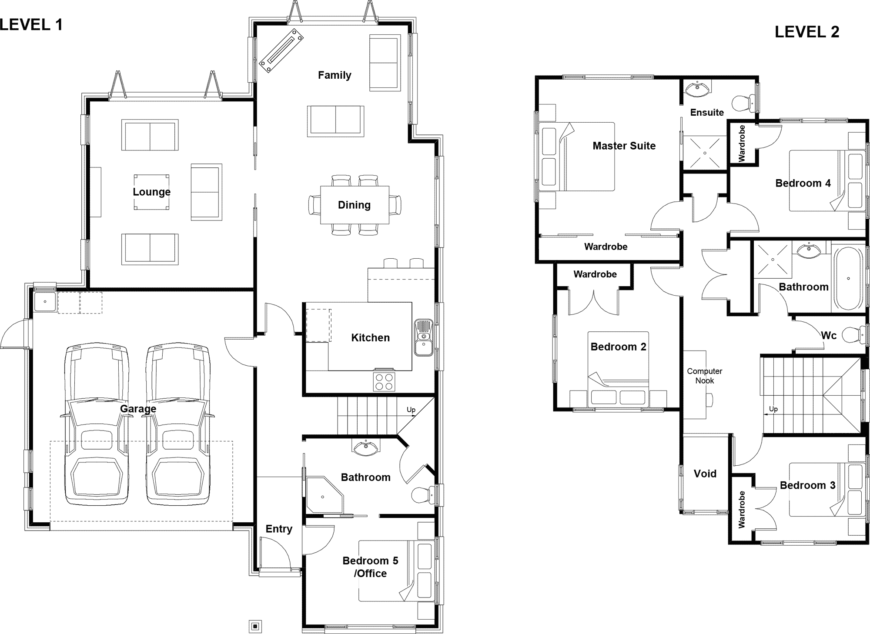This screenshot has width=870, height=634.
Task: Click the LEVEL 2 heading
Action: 807,32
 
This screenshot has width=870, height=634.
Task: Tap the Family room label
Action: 335,75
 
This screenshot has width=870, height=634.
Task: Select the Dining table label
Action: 355,205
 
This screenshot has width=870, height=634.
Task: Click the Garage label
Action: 138,409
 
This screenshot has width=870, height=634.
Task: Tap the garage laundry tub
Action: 45,302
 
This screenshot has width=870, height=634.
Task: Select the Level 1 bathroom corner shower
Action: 325,495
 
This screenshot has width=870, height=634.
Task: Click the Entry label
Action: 279,529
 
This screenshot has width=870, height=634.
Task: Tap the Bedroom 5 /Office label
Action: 370,567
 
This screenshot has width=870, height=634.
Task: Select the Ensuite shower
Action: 705,153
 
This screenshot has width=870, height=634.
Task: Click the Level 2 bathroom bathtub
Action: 848,278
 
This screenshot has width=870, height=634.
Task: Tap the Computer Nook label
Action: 705,376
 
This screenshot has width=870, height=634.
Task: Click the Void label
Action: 705,474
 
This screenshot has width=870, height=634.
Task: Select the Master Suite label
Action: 624,146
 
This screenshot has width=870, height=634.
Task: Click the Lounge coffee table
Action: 151,192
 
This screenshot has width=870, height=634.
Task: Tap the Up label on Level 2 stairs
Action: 773,409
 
